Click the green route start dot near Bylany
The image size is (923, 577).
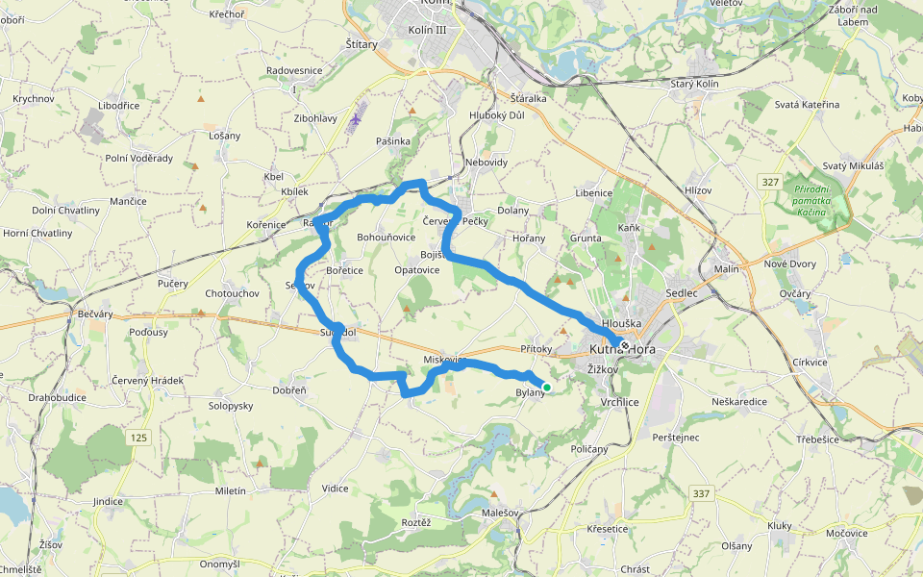click(546, 388)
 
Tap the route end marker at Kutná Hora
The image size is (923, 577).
click(624, 345)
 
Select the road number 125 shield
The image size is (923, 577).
click(138, 438)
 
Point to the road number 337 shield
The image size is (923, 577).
click(701, 493)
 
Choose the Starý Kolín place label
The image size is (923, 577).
click(693, 85)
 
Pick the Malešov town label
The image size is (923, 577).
click(499, 514)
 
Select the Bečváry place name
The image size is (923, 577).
click(95, 314)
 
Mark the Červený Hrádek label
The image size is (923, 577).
click(146, 381)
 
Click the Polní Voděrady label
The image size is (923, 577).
click(139, 159)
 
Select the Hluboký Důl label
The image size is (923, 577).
click(497, 115)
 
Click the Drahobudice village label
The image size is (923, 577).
click(57, 397)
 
